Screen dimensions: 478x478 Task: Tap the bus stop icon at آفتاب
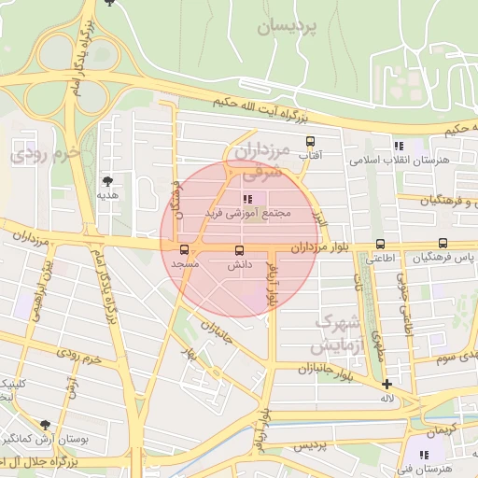tap(310, 142)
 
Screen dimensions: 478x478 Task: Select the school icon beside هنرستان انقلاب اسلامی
tap(399, 146)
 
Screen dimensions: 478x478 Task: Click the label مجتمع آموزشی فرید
tap(249, 214)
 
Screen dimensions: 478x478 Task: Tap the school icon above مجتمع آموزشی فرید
tap(247, 199)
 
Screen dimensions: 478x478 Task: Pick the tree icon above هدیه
tap(108, 181)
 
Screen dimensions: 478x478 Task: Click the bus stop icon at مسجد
tap(184, 249)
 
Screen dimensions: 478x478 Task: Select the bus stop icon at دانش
tap(239, 250)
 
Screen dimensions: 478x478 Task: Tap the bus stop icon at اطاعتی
tap(379, 244)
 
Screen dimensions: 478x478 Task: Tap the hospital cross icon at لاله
tap(387, 384)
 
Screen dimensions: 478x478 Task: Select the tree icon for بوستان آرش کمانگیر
tap(45, 425)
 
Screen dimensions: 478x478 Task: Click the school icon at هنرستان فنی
tap(425, 455)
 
